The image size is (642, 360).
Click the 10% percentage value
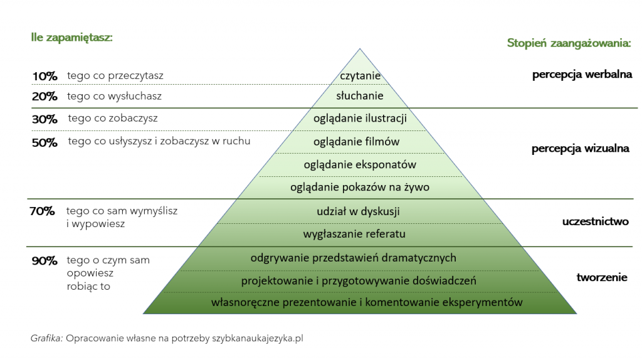45,76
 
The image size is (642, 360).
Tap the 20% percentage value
45,97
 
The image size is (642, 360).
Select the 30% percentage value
45,119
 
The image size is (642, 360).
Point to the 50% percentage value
45,142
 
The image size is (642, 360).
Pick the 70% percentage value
42,211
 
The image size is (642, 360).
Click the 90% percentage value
44,260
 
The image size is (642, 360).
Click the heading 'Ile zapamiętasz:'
71,37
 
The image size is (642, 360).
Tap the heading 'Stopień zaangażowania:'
569,43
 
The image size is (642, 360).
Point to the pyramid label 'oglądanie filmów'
356,141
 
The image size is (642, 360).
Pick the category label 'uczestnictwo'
596,221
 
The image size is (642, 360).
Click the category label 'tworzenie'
602,277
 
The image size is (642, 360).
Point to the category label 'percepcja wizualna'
581,149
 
